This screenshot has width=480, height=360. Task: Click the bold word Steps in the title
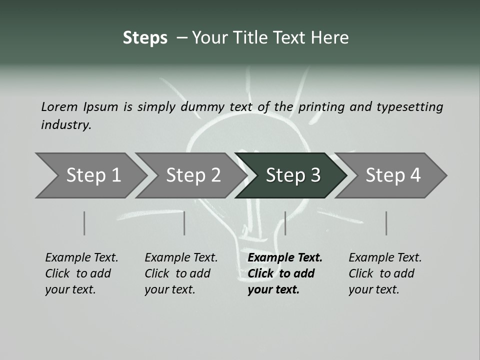(x=145, y=38)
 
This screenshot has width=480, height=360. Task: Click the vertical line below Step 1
(x=84, y=223)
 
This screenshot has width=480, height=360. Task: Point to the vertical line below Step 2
(x=184, y=223)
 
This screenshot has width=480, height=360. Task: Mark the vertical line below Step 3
(x=285, y=223)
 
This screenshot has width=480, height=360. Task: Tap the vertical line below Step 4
(x=386, y=223)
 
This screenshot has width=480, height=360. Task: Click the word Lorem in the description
(x=59, y=106)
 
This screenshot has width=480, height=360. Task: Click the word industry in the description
(x=65, y=124)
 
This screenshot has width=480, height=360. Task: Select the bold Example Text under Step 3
(x=285, y=257)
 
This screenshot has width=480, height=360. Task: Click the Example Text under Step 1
(x=81, y=257)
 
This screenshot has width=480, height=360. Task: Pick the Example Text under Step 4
(x=385, y=257)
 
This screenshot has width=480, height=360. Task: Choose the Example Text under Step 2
(x=181, y=257)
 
